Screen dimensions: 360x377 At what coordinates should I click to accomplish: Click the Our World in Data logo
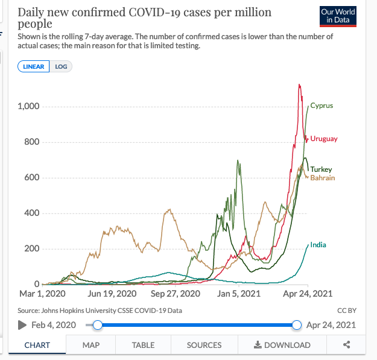pyautogui.click(x=338, y=16)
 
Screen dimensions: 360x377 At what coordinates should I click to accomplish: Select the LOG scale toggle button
pyautogui.click(x=61, y=66)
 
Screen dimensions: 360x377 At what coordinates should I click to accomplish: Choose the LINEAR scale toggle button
pyautogui.click(x=34, y=66)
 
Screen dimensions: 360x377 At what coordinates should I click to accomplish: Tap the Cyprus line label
pyautogui.click(x=322, y=106)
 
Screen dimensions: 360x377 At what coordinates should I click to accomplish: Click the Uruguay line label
pyautogui.click(x=324, y=139)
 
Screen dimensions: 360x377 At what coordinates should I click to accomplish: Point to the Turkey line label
pyautogui.click(x=321, y=169)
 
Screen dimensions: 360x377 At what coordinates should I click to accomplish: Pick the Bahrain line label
pyautogui.click(x=322, y=178)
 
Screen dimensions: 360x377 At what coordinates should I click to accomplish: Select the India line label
pyautogui.click(x=318, y=245)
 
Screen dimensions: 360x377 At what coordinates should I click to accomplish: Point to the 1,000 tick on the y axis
pyautogui.click(x=28, y=107)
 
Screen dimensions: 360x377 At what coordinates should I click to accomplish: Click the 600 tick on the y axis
pyautogui.click(x=32, y=178)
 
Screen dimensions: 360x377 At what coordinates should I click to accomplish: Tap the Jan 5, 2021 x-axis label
pyautogui.click(x=235, y=294)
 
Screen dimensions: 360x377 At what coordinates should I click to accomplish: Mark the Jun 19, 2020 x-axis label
pyautogui.click(x=112, y=294)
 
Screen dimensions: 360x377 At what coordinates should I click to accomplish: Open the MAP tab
pyautogui.click(x=91, y=345)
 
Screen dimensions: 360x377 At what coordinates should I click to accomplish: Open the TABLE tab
pyautogui.click(x=143, y=345)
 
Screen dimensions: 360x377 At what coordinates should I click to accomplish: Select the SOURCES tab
pyautogui.click(x=204, y=345)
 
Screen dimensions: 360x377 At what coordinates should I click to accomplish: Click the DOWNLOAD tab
pyautogui.click(x=282, y=345)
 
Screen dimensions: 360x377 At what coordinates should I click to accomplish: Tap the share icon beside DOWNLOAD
pyautogui.click(x=347, y=345)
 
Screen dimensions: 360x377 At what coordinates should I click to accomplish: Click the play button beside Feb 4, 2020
pyautogui.click(x=22, y=325)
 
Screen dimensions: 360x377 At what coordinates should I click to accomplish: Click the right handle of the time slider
pyautogui.click(x=296, y=325)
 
